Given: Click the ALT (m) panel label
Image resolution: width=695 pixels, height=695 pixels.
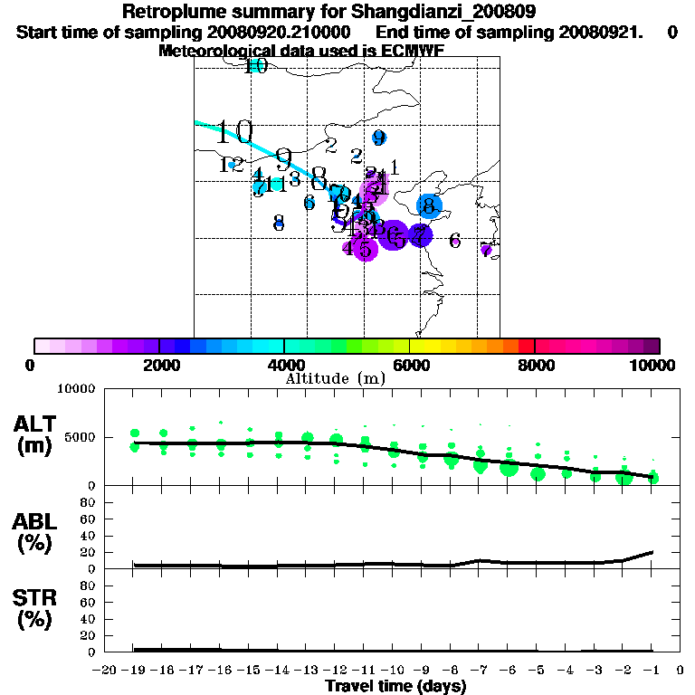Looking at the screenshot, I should pyautogui.click(x=37, y=434).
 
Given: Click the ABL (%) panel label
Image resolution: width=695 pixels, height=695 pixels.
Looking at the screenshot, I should pyautogui.click(x=37, y=533).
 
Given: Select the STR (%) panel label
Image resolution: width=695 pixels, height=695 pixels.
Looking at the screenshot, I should pyautogui.click(x=37, y=609).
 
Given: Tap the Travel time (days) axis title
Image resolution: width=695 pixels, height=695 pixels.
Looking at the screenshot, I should pyautogui.click(x=395, y=686).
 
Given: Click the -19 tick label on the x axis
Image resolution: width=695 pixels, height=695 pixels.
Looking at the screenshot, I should pyautogui.click(x=134, y=671).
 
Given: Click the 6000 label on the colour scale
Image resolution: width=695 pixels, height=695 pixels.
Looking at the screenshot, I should pyautogui.click(x=409, y=365).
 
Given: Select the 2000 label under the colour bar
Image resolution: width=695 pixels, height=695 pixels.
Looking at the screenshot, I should pyautogui.click(x=159, y=365).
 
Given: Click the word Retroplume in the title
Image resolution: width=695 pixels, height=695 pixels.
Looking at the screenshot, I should pyautogui.click(x=172, y=12).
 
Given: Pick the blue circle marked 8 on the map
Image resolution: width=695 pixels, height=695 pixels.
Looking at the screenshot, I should pyautogui.click(x=430, y=206).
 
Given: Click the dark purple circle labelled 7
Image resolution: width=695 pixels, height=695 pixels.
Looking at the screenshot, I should pyautogui.click(x=420, y=235).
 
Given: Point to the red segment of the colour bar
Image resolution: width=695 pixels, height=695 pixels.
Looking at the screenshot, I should pyautogui.click(x=526, y=346).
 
